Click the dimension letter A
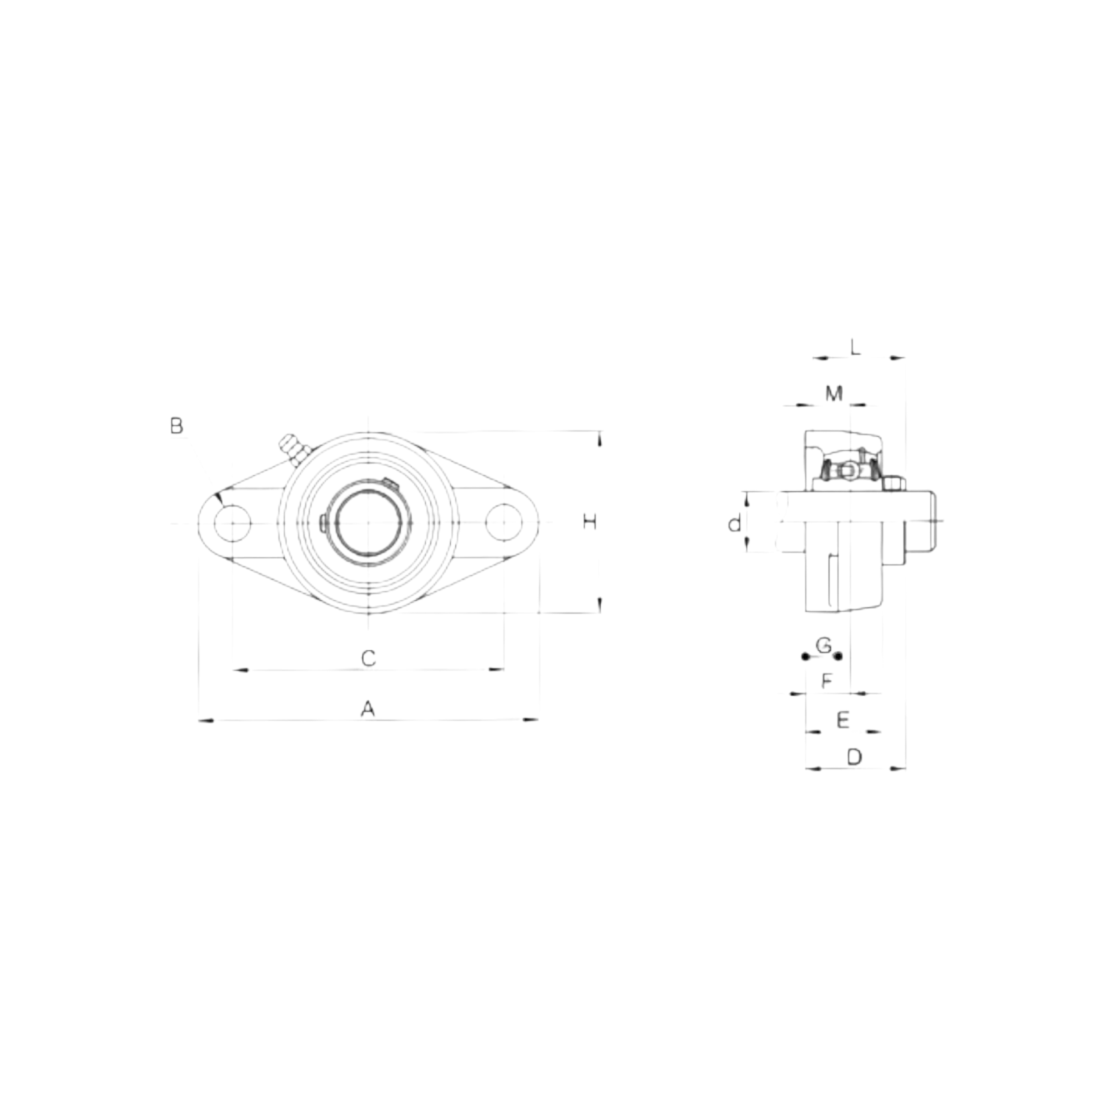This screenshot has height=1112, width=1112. (x=368, y=709)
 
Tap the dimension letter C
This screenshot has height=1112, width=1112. (x=368, y=657)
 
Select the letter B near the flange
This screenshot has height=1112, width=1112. (x=177, y=425)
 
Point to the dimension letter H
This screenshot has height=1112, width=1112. (x=589, y=522)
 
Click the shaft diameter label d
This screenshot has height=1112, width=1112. (x=734, y=524)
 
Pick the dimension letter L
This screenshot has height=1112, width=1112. (x=855, y=346)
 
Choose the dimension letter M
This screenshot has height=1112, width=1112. (x=833, y=393)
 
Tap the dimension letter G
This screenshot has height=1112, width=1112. (x=824, y=646)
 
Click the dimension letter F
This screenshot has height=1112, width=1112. (x=827, y=681)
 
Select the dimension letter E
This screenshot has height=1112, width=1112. (x=843, y=719)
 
